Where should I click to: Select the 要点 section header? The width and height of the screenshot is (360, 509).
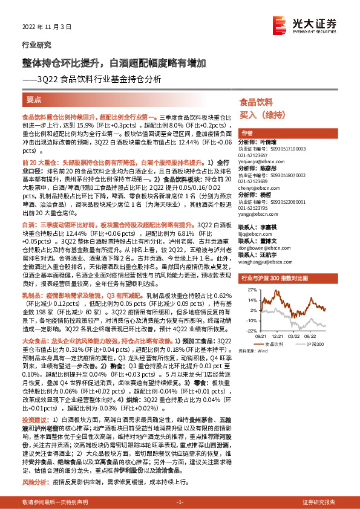pyautogui.click(x=34, y=99)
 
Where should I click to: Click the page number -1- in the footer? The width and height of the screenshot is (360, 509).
pyautogui.click(x=179, y=503)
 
